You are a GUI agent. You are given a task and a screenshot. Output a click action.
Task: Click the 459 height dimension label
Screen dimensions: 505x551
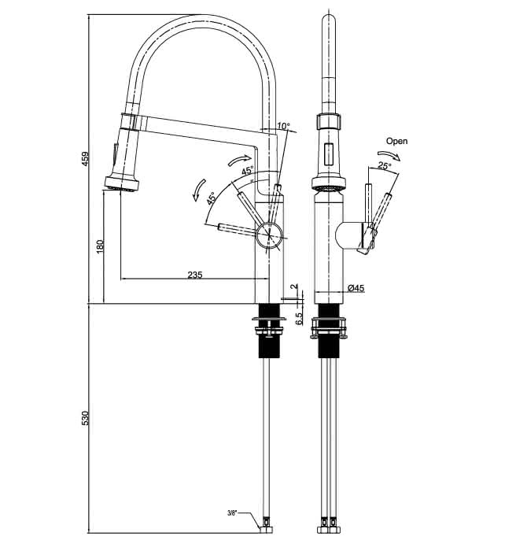[85, 159]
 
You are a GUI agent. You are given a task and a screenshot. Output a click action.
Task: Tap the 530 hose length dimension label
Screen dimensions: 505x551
[85, 418]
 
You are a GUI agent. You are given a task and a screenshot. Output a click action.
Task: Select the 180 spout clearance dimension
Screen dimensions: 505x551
[100, 246]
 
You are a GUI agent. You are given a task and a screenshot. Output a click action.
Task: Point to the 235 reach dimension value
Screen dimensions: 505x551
[195, 275]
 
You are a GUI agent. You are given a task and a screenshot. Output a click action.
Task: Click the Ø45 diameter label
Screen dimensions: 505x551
[356, 288]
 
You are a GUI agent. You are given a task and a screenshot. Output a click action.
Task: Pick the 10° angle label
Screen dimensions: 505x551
[283, 125]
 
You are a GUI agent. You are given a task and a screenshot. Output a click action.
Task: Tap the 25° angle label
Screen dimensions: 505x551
[385, 165]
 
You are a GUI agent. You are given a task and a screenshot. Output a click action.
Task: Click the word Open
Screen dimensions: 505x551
[396, 141]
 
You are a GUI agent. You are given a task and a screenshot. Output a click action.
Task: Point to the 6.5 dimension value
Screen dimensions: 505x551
[299, 319]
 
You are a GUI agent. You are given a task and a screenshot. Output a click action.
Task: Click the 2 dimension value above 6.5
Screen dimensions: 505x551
[295, 287]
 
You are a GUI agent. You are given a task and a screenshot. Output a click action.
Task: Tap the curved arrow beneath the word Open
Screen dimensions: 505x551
[389, 155]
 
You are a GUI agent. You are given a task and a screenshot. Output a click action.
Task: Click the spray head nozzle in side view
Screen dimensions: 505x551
[122, 184]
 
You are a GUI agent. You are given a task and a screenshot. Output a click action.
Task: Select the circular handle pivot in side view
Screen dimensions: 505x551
[269, 235]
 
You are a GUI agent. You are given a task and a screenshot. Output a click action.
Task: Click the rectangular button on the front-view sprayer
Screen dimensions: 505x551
[329, 154]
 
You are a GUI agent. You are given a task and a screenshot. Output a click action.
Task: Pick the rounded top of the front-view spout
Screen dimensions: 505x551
[329, 20]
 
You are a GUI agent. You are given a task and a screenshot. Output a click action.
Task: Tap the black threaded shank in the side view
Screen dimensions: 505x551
[269, 331]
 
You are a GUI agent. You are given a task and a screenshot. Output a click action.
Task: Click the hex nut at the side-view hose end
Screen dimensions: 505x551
[266, 540]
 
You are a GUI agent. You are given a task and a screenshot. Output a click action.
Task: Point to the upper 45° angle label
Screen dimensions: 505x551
[247, 171]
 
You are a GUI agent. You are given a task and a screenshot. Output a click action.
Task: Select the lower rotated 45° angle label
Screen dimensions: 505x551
[211, 198]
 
